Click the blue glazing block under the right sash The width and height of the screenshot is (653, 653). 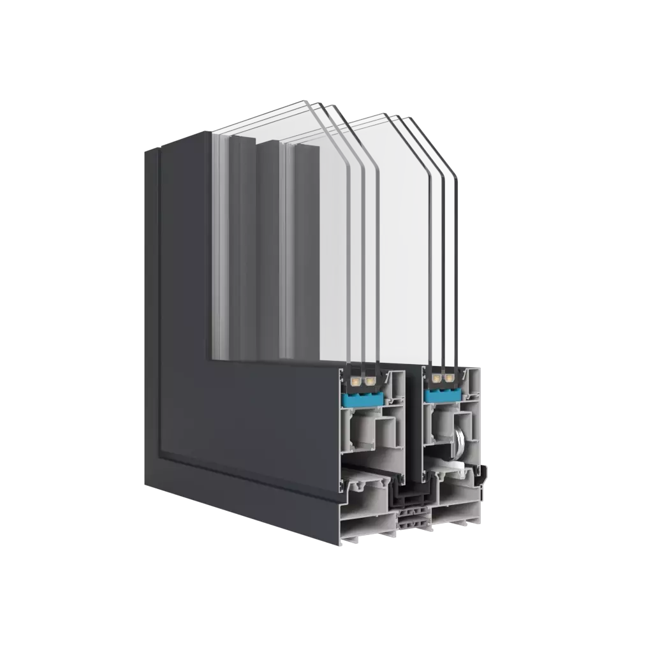tap(441, 396)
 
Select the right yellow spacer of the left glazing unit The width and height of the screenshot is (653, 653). tap(368, 381)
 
